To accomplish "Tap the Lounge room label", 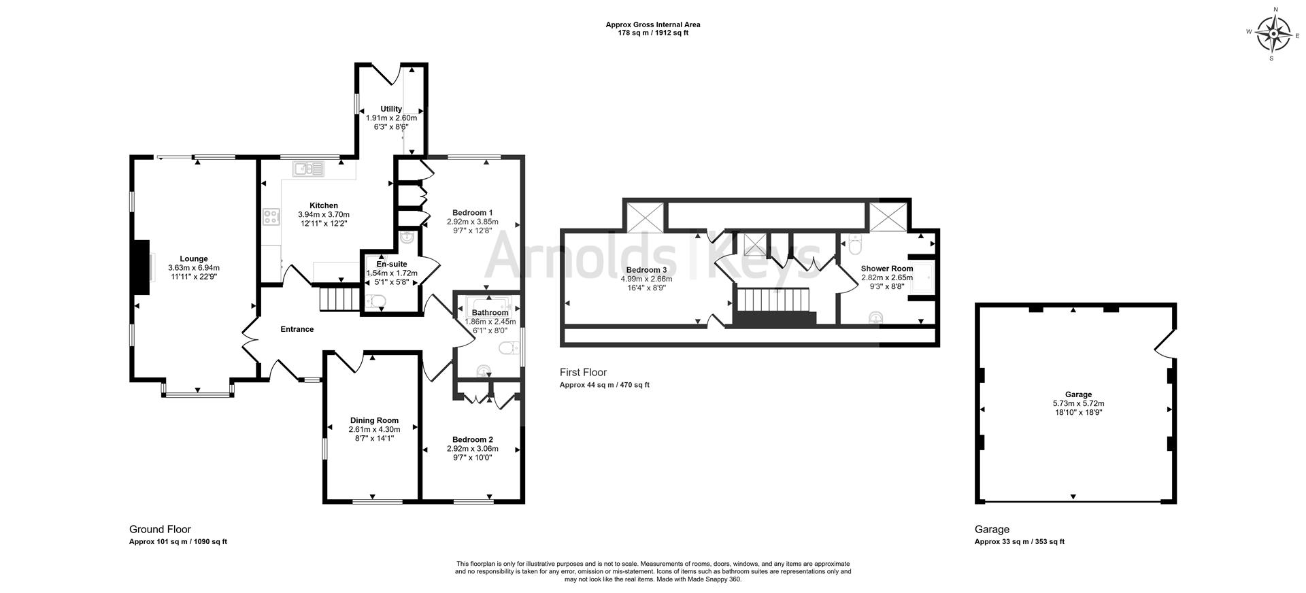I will click(x=194, y=258).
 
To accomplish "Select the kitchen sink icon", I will click(x=309, y=169).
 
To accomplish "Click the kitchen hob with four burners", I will click(x=271, y=217).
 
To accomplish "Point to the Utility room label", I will click(x=391, y=109).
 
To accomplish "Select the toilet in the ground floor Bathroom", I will click(x=507, y=348).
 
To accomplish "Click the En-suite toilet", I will click(x=375, y=301).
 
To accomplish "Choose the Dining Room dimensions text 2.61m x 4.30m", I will click(x=374, y=429).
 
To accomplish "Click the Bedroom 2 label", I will click(x=473, y=439).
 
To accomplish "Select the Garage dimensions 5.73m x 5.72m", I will click(x=1078, y=403).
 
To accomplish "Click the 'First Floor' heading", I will click(x=583, y=372).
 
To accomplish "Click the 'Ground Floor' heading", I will click(x=160, y=529).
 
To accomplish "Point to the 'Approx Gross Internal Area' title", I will click(x=653, y=24).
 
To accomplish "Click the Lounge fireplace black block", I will click(x=141, y=267).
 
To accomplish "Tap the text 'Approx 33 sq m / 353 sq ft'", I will click(x=1019, y=542).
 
